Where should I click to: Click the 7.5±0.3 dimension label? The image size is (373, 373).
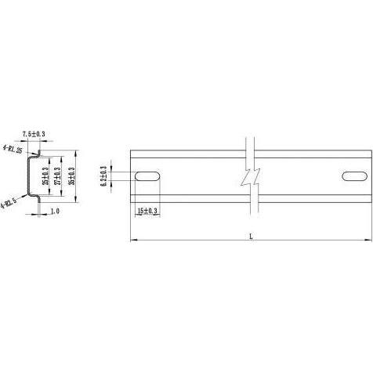[34, 135]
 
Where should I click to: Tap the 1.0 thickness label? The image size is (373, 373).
[55, 212]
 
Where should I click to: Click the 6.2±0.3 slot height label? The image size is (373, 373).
[105, 176]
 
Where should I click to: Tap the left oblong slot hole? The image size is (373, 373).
[148, 176]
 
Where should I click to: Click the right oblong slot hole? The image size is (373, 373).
[354, 176]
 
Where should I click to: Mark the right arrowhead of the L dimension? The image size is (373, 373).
[370, 240]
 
